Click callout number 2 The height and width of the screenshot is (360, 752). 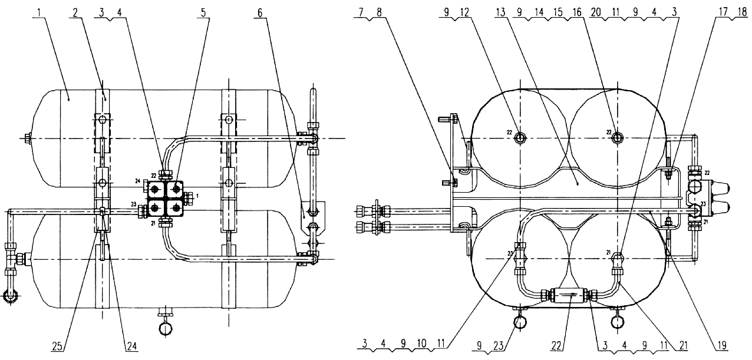pos(75,13)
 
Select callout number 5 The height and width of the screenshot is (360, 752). pos(203,13)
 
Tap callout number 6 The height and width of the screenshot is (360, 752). pos(260,13)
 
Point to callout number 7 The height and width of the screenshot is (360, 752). pos(361,13)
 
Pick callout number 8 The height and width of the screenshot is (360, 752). pos(379,13)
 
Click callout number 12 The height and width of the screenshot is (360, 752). pos(464,13)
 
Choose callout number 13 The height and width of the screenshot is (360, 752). pos(500,13)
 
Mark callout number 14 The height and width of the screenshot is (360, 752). pos(539,13)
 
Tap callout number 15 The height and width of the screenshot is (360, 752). pos(558,13)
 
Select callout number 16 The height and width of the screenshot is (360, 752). pos(577,13)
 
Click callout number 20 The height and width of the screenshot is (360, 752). pos(596,13)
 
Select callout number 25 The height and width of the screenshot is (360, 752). pos(58,346)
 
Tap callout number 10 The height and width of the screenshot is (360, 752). pos(422,344)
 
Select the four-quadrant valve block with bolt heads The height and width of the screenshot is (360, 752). pos(165,199)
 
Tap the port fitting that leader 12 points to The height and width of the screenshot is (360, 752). pos(520,137)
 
